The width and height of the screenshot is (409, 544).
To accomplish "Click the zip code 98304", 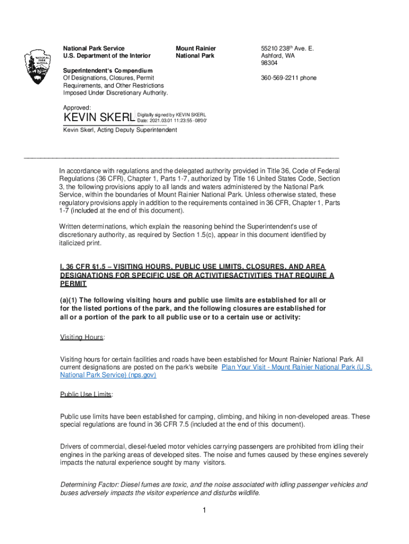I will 269,63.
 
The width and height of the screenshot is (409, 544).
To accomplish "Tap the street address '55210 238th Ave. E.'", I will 287,48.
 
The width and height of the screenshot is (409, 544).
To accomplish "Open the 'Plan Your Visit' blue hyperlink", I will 296,367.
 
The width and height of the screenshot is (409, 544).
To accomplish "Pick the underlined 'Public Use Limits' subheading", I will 86,394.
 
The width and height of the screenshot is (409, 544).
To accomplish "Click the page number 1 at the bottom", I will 203,511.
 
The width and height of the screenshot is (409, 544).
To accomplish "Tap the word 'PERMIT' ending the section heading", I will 74,284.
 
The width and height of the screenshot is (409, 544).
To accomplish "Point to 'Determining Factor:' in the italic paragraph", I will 89,484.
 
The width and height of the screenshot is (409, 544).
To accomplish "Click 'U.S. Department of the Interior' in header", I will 107,56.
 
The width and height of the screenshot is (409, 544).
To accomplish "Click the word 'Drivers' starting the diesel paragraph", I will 71,447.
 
